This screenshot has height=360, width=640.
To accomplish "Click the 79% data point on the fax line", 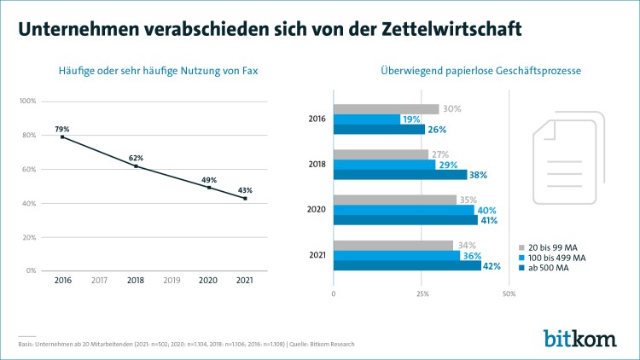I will (62, 136).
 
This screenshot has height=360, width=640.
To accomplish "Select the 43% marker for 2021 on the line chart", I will (246, 198).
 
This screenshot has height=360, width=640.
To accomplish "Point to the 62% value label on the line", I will (136, 158).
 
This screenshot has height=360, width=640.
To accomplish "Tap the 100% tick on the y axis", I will (26, 102).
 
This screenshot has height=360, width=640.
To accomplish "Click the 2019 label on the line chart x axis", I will (172, 279).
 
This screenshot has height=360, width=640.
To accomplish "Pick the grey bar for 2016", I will (386, 109).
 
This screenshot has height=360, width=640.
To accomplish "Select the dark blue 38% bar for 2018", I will (400, 174).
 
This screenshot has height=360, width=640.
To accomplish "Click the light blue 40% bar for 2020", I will (404, 210).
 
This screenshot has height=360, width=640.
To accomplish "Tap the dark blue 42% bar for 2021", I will (406, 265).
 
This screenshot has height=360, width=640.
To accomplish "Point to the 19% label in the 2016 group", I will (410, 119).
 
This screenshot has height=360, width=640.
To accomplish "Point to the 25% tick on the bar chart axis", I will (422, 294).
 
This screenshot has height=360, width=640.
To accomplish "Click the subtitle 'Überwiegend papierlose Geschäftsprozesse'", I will (480, 71).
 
